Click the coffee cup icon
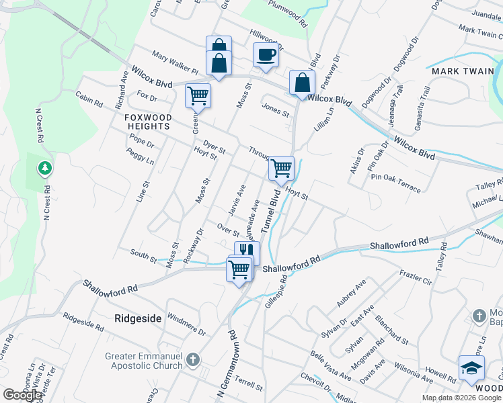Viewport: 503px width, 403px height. point(266,55)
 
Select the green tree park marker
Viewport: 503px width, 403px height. point(45,167)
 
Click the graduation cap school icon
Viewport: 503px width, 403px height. point(471,368)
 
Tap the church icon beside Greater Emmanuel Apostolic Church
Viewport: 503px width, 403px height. point(193,360)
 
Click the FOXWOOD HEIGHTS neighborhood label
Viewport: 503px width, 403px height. point(148,122)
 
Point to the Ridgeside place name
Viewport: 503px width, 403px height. point(138,318)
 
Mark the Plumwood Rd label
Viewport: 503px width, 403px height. point(288,13)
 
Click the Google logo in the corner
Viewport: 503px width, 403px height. point(22,396)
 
